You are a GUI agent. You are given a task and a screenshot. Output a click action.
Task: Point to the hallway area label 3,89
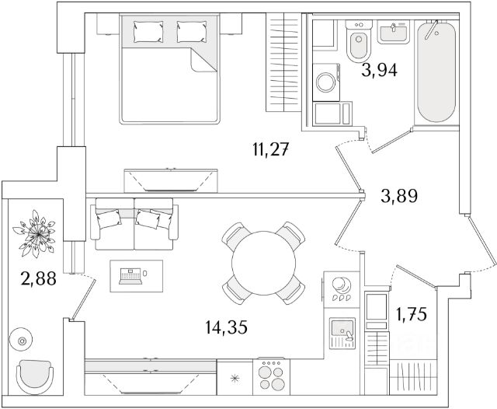400,196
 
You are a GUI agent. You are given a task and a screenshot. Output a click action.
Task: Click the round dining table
263,260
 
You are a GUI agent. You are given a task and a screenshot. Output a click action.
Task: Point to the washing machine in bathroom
326,82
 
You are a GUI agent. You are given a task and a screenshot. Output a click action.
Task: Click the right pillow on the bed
189,31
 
